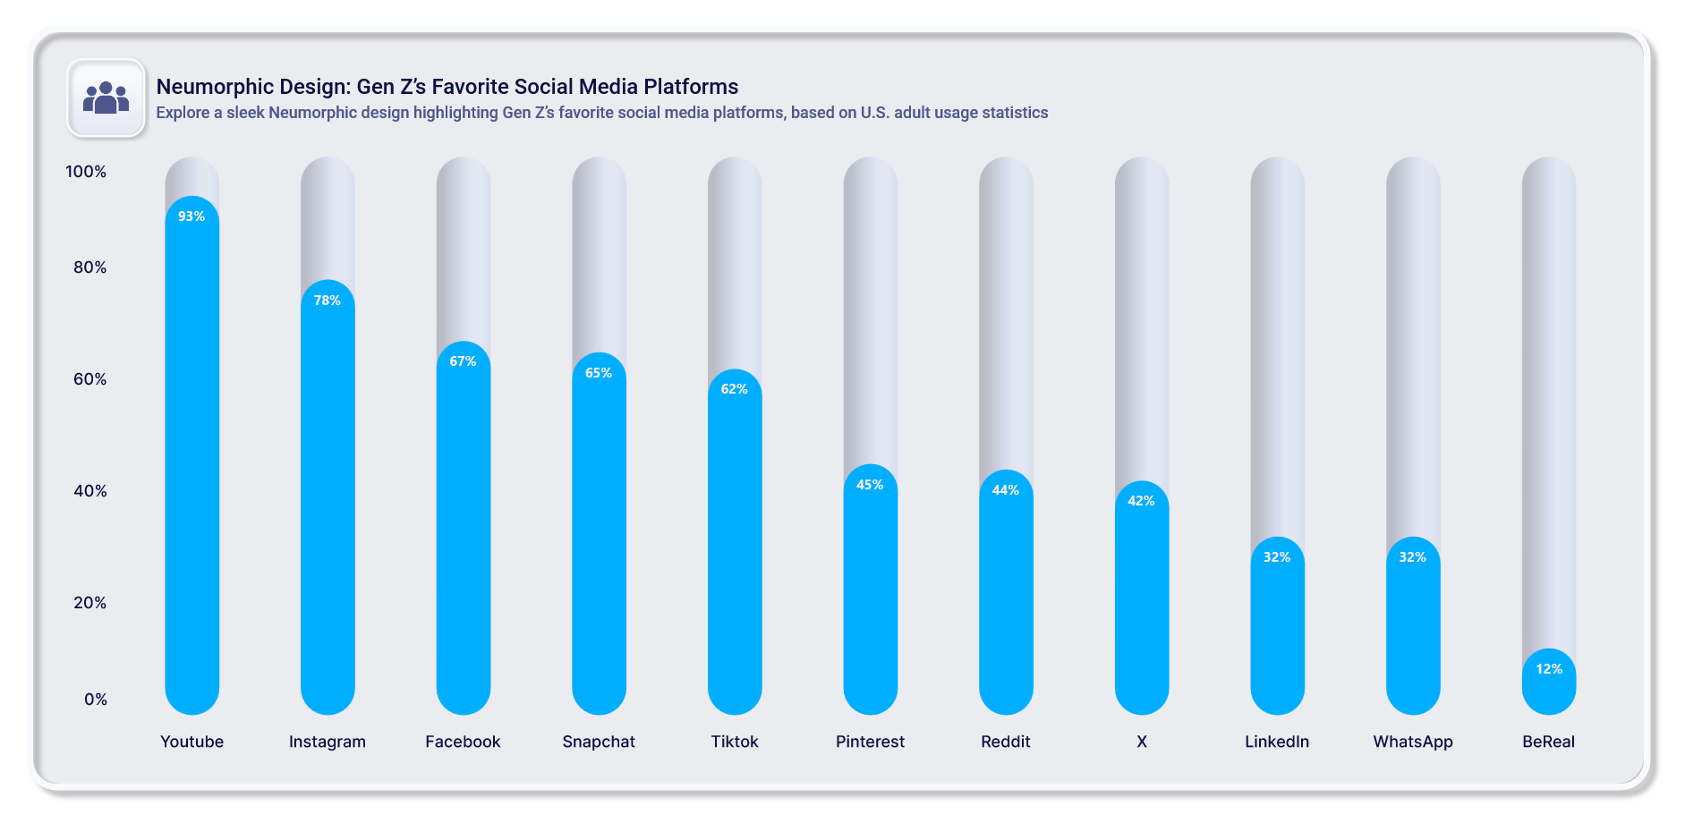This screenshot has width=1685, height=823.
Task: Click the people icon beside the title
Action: pyautogui.click(x=106, y=98)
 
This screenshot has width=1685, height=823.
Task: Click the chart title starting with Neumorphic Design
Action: pyautogui.click(x=447, y=87)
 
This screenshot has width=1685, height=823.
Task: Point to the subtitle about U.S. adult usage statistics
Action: pyautogui.click(x=601, y=113)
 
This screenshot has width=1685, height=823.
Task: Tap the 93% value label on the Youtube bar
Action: pyautogui.click(x=191, y=216)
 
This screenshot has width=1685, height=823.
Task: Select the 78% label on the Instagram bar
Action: pyautogui.click(x=328, y=301)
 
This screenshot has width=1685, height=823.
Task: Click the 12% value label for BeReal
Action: pyautogui.click(x=1549, y=669)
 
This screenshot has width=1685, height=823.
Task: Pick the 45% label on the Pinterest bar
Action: pyautogui.click(x=870, y=485)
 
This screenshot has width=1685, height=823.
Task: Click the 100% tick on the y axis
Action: pyautogui.click(x=86, y=172)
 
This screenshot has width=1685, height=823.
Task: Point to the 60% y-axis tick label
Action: pyautogui.click(x=89, y=379)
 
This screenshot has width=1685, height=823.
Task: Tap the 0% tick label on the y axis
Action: pyautogui.click(x=95, y=700)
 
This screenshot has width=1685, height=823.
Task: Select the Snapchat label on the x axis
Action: pyautogui.click(x=599, y=742)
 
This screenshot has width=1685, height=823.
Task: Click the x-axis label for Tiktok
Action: pyautogui.click(x=735, y=742)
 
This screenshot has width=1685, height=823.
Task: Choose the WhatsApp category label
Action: pyautogui.click(x=1413, y=742)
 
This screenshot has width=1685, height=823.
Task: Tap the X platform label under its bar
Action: pyautogui.click(x=1142, y=742)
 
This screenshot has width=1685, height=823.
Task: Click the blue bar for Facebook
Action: pyautogui.click(x=464, y=537)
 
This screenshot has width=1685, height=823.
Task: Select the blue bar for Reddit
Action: pyautogui.click(x=1006, y=599)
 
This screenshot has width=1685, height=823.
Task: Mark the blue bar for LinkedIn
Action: pyautogui.click(x=1277, y=635)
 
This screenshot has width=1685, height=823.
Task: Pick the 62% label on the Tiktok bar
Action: pyautogui.click(x=735, y=389)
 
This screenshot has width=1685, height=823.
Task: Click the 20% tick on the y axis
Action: pyautogui.click(x=89, y=603)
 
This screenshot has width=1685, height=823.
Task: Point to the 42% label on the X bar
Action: pyautogui.click(x=1141, y=501)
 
